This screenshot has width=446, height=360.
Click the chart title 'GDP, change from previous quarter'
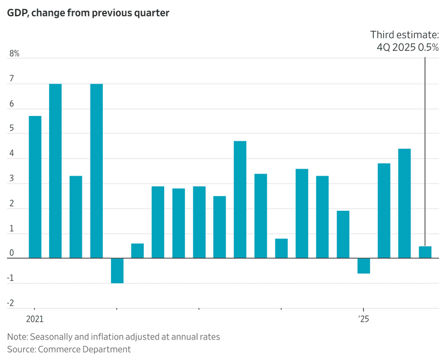[88, 13]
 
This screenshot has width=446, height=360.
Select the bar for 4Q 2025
[425, 252]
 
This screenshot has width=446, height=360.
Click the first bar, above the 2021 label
[35, 187]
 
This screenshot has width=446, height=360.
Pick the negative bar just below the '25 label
[364, 266]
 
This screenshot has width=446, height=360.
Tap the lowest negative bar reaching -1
[117, 271]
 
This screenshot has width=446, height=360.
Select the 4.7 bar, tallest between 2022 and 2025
[240, 199]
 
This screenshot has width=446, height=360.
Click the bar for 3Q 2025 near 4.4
[405, 203]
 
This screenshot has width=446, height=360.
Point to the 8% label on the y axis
[15, 54]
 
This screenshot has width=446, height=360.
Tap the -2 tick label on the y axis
[11, 303]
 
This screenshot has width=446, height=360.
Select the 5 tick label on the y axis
[12, 129]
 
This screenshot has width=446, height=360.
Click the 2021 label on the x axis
[34, 319]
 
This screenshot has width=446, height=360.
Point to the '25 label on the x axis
[364, 319]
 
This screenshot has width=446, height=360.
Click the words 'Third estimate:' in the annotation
[405, 35]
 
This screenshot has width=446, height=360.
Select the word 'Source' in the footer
[20, 349]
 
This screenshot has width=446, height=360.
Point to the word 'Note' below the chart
[17, 337]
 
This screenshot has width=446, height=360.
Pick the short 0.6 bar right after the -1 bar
[137, 251]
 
